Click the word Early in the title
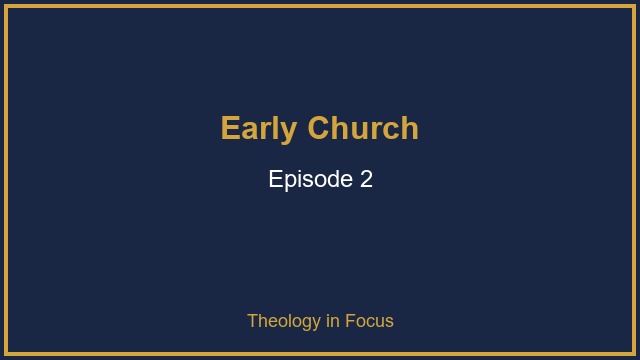coord(259,129)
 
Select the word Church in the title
coord(363,129)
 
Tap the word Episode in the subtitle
coord(311,180)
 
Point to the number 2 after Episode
coord(366,180)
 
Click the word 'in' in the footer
coord(333,321)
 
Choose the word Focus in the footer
coord(369,321)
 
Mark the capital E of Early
coord(230,129)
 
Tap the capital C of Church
coord(319,129)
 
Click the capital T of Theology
coord(253,321)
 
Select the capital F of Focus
coord(350,321)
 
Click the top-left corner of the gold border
coord(6,6)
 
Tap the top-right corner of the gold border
coord(634,6)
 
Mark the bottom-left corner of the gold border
coord(6,354)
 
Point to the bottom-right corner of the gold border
coord(634,354)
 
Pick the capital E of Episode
coord(275,180)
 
